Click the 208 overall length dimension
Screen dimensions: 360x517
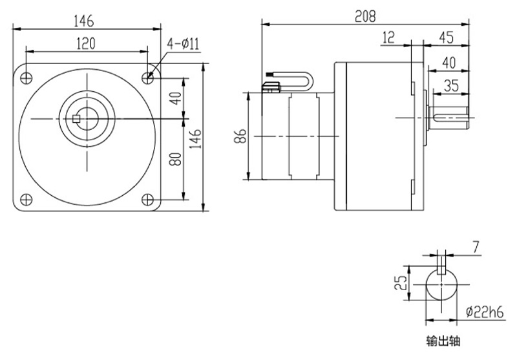(365, 15)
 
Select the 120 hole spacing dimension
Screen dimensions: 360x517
(87, 43)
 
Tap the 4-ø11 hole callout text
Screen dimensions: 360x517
(185, 43)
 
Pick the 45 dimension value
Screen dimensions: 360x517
(445, 37)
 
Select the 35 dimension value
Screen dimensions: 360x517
(451, 84)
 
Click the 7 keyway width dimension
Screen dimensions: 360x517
(476, 247)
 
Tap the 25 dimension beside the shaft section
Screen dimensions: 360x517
(401, 282)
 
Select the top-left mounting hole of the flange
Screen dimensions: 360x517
(26, 77)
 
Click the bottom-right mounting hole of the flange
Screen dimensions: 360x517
(148, 198)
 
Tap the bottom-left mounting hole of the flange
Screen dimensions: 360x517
(26, 198)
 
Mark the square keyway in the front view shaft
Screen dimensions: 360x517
(77, 118)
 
